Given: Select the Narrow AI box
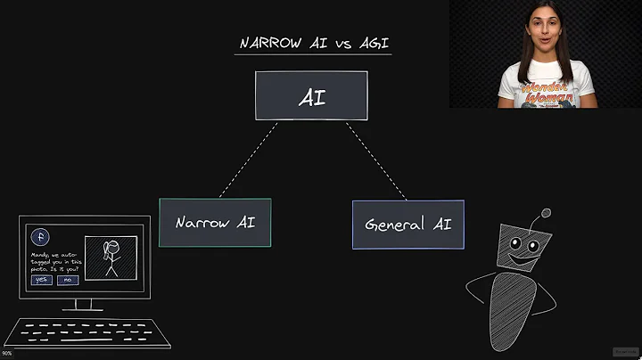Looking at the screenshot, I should pyautogui.click(x=215, y=222).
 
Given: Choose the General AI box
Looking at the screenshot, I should pyautogui.click(x=407, y=224).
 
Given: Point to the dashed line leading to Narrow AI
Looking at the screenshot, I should pyautogui.click(x=248, y=160).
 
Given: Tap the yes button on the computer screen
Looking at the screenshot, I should pyautogui.click(x=41, y=280).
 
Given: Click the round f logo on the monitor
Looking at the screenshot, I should pyautogui.click(x=39, y=237).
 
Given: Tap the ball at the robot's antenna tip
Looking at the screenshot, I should pyautogui.click(x=546, y=214).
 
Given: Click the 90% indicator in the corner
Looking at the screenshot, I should pyautogui.click(x=7, y=354).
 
